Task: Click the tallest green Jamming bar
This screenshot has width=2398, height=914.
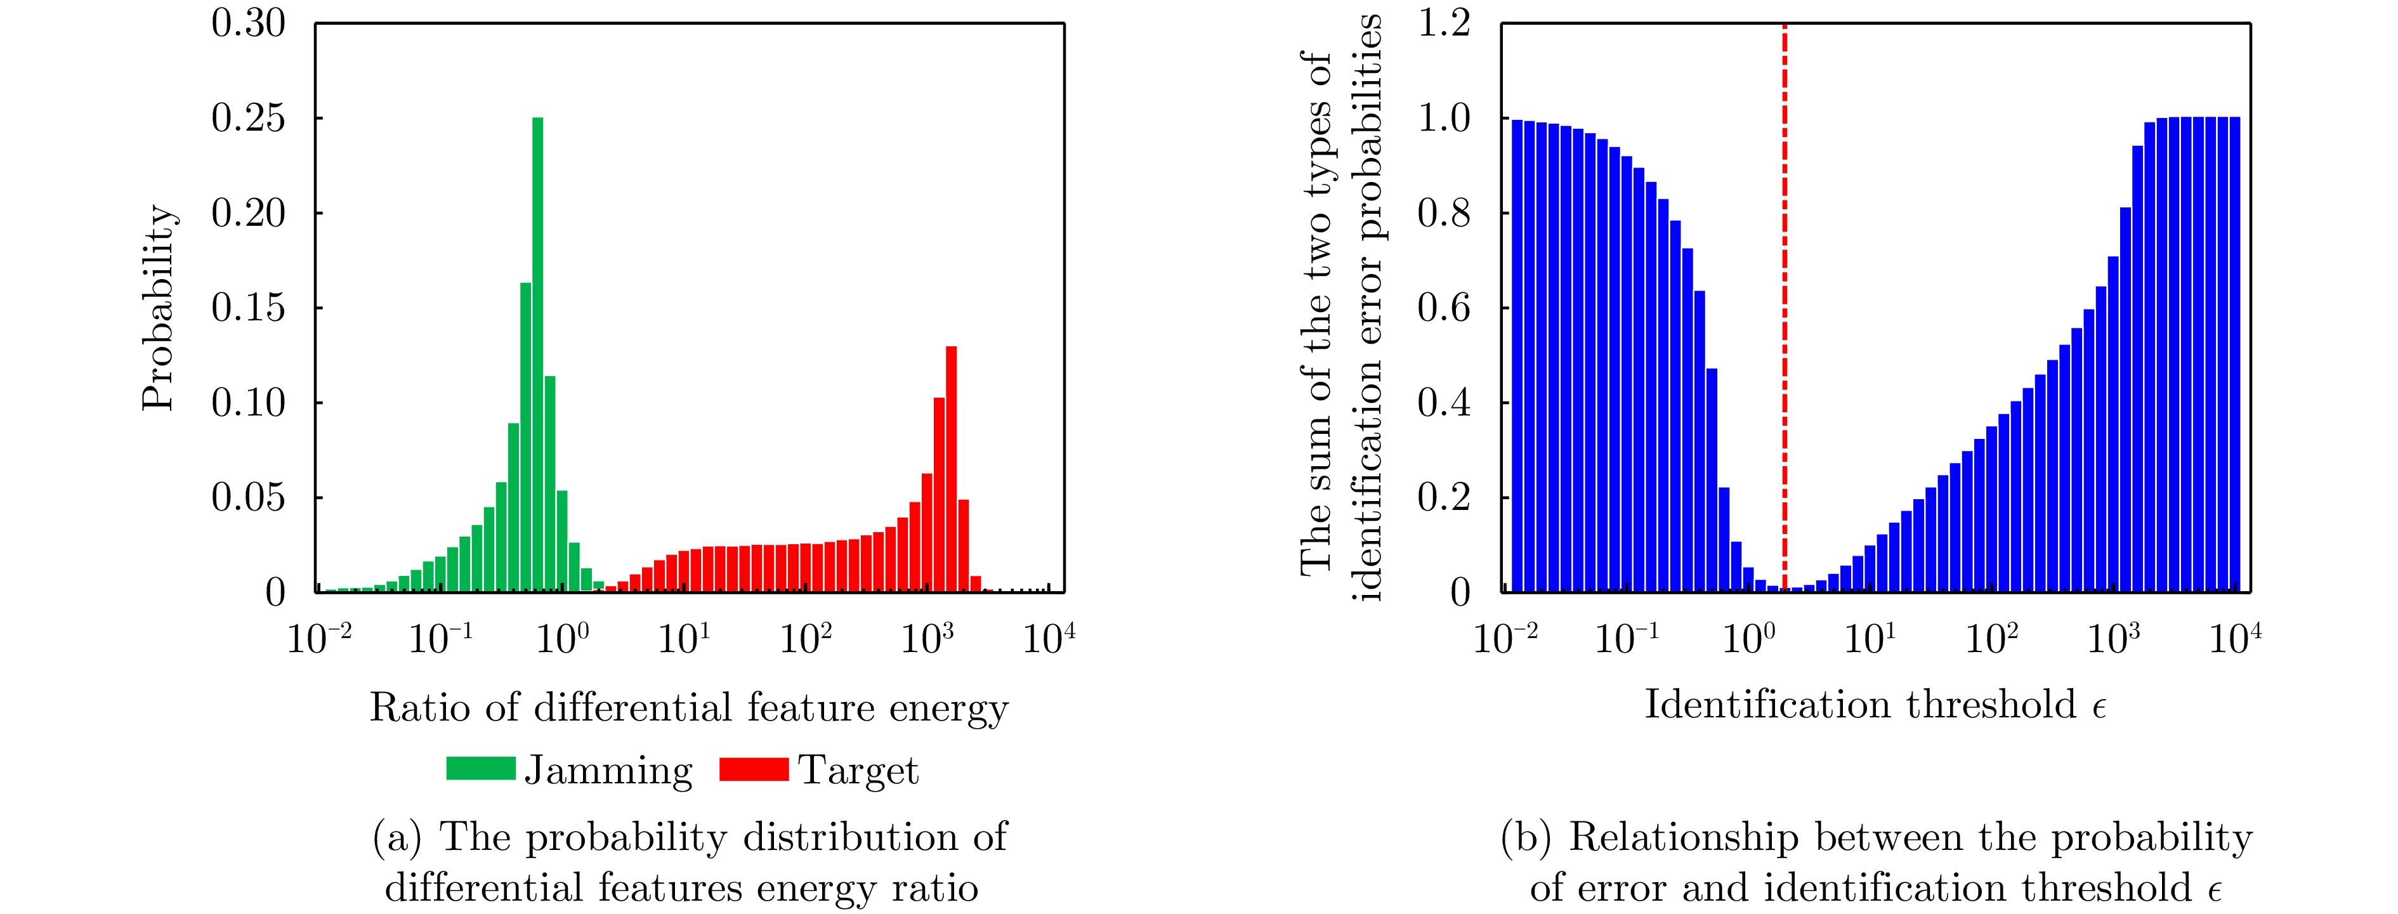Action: tap(537, 354)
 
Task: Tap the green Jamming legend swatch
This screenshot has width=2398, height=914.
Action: tap(480, 769)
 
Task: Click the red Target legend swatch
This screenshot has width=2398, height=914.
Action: tap(754, 769)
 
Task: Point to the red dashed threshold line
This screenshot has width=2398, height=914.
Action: tap(1785, 307)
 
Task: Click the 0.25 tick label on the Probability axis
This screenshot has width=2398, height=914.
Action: tap(247, 118)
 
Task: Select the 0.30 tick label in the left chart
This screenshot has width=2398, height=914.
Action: tap(247, 23)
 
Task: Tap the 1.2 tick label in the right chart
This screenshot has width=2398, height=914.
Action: tap(1444, 23)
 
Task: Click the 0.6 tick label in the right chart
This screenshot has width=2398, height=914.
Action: tap(1444, 308)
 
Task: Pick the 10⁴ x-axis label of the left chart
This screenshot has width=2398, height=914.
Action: tap(1049, 639)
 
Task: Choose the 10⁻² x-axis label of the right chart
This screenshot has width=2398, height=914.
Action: tap(1505, 639)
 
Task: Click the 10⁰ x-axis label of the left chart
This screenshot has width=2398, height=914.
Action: tap(562, 639)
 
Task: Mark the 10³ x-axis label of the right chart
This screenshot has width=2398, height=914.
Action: tap(2113, 639)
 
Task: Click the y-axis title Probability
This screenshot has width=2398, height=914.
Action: tap(158, 307)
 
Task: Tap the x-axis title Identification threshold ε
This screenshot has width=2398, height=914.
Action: tap(1875, 705)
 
